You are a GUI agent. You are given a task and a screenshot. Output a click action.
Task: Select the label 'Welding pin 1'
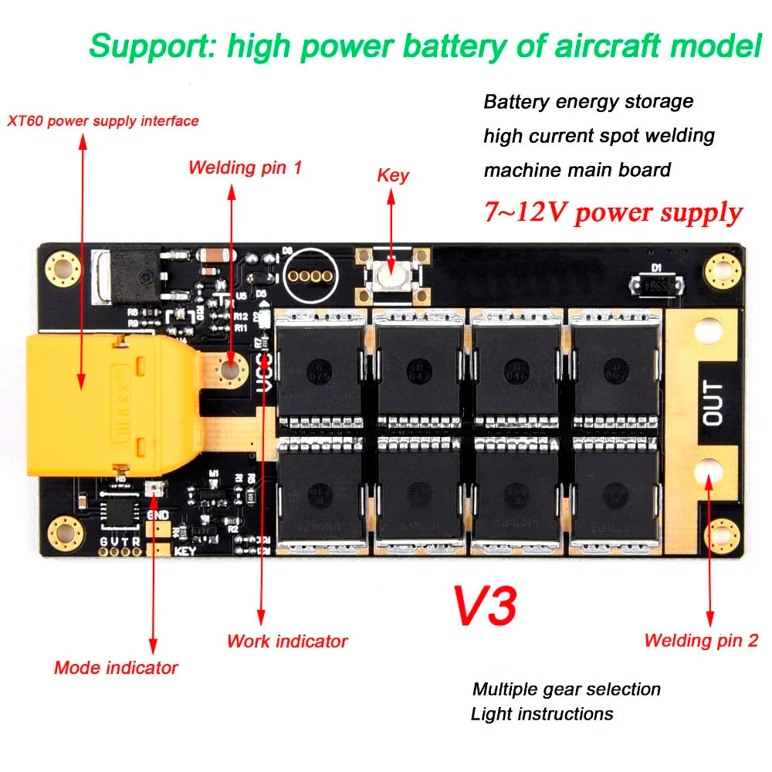click(245, 168)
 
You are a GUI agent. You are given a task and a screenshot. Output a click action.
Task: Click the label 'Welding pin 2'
click(701, 640)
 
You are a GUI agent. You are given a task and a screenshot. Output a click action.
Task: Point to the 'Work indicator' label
click(287, 642)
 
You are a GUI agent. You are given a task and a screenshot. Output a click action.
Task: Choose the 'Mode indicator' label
click(116, 668)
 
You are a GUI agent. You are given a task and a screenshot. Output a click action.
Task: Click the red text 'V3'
click(484, 606)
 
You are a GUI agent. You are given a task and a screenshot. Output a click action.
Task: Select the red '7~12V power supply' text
click(613, 212)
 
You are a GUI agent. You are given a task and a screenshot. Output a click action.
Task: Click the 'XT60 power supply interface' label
click(103, 121)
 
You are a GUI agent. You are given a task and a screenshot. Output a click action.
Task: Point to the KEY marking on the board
click(186, 551)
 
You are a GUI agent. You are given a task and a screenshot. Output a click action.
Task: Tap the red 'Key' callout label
click(393, 175)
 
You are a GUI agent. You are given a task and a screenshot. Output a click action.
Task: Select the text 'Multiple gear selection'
click(567, 689)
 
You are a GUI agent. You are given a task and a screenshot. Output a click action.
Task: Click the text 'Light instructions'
click(542, 714)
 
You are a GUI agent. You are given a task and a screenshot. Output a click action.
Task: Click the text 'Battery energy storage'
click(588, 102)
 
